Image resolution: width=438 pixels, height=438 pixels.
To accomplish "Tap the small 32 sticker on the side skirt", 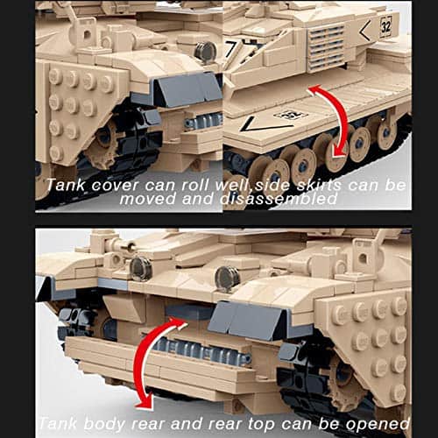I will (x=288, y=114).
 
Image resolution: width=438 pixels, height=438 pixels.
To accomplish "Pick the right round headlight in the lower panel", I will (x=227, y=278).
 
